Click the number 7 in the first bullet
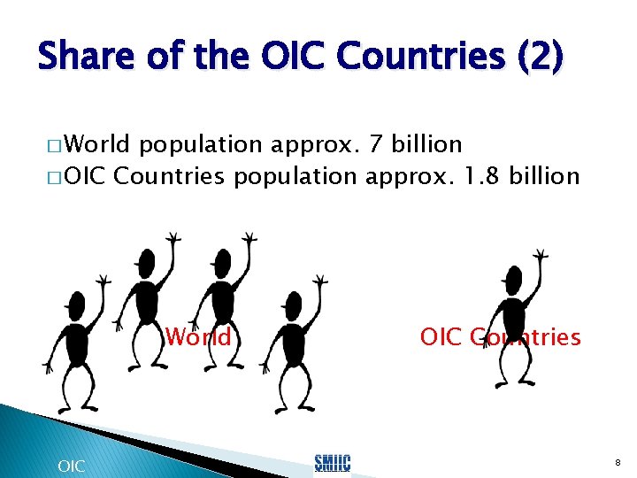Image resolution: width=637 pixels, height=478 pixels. click(x=380, y=143)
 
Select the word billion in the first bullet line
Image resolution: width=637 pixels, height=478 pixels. click(x=430, y=143)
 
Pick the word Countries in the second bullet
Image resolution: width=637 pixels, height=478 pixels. click(x=170, y=176)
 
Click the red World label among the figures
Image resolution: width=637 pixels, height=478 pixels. click(x=198, y=337)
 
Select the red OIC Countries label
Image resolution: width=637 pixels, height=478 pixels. click(x=500, y=337)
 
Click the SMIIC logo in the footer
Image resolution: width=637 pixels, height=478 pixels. click(x=333, y=462)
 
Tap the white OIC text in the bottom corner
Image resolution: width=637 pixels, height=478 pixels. click(x=71, y=465)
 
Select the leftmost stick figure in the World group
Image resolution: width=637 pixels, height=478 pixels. click(x=71, y=336)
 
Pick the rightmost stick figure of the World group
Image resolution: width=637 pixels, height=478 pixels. click(x=292, y=336)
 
